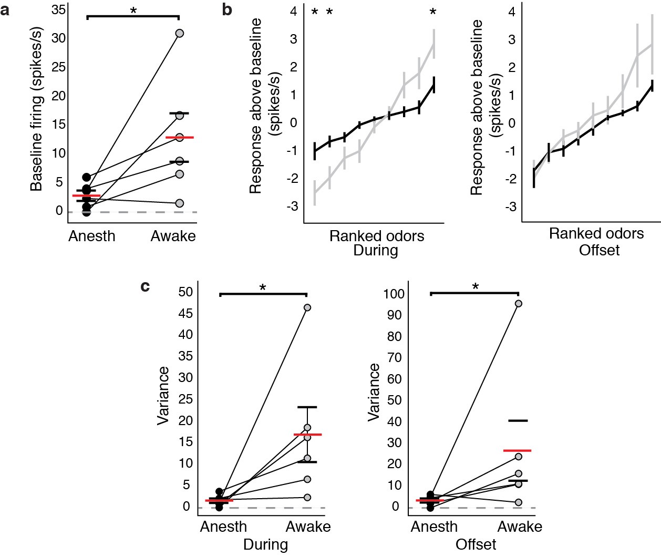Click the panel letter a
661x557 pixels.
pyautogui.click(x=5, y=9)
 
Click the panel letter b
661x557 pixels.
pyautogui.click(x=227, y=9)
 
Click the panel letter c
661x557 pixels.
pyautogui.click(x=146, y=286)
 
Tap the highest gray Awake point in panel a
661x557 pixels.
pyautogui.click(x=179, y=33)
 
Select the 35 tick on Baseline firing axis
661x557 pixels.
pyautogui.click(x=58, y=9)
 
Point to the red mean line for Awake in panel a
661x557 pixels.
pyautogui.click(x=179, y=138)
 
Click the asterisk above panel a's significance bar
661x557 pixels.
pyautogui.click(x=133, y=11)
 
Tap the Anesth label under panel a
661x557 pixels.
pyautogui.click(x=91, y=236)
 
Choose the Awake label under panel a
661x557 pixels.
pyautogui.click(x=173, y=236)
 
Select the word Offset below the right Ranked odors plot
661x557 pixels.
pyautogui.click(x=599, y=251)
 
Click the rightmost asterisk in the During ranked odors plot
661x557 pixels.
pyautogui.click(x=433, y=12)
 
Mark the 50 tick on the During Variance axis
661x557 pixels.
pyautogui.click(x=185, y=292)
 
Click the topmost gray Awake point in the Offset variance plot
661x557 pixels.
pyautogui.click(x=518, y=304)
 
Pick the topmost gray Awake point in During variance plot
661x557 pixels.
pyautogui.click(x=307, y=307)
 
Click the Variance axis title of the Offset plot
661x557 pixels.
pyautogui.click(x=374, y=391)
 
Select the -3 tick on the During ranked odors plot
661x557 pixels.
pyautogui.click(x=292, y=207)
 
